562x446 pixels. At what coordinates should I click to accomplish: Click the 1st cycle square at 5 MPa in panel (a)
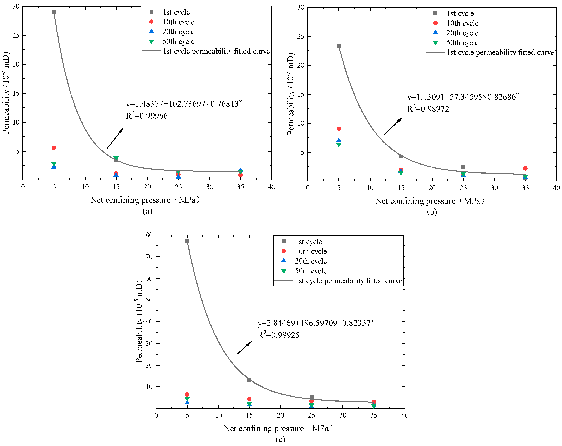click(54, 12)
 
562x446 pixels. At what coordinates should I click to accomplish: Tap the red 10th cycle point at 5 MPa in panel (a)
click(54, 148)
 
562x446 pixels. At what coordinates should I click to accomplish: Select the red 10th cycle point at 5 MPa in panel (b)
click(339, 129)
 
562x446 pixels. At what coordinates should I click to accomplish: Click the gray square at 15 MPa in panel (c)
click(249, 380)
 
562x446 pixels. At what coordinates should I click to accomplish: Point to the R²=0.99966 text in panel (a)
click(147, 116)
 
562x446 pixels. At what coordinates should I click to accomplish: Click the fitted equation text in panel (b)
click(463, 97)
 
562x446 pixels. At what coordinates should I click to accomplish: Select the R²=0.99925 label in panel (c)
click(278, 335)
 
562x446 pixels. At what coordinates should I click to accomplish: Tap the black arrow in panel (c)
click(244, 348)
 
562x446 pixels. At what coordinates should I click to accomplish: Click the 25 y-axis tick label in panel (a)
click(16, 35)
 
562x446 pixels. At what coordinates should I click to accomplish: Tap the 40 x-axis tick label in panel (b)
click(556, 188)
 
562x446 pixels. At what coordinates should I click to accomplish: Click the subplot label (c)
click(280, 439)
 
